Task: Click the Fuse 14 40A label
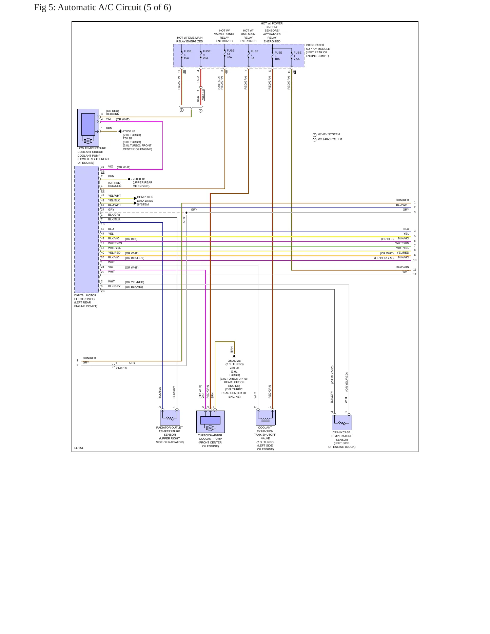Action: click(x=230, y=54)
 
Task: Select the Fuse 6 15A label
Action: click(x=187, y=55)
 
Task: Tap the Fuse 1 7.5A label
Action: click(x=297, y=56)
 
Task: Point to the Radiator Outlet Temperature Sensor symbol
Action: click(x=170, y=417)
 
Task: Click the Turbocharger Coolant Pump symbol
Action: click(x=210, y=421)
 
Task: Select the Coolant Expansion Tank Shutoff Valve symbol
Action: click(x=266, y=417)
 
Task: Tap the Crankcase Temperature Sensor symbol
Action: click(x=342, y=422)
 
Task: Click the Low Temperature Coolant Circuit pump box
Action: click(x=88, y=127)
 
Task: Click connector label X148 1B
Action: click(x=121, y=368)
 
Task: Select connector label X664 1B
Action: click(x=203, y=95)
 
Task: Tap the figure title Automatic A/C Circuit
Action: click(x=102, y=7)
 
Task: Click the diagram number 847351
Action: click(x=78, y=448)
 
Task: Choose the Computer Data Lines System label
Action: click(x=145, y=201)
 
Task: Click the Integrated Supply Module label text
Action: click(x=318, y=51)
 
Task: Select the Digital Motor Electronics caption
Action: click(x=86, y=301)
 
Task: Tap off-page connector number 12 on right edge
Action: click(x=415, y=274)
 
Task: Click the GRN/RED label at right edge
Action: click(x=402, y=200)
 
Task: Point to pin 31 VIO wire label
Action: click(x=107, y=166)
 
